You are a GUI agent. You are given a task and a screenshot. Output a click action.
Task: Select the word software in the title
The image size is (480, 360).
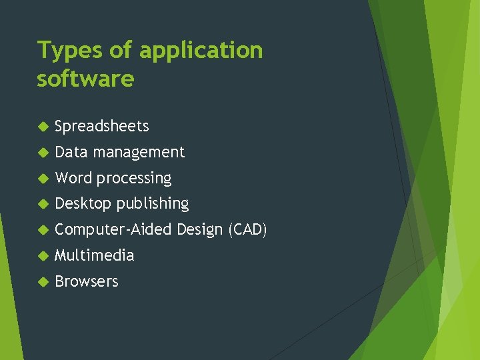[x=85, y=79]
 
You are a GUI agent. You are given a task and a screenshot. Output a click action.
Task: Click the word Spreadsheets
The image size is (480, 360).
[x=102, y=126]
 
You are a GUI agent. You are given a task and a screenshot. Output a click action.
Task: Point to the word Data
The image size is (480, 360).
[x=71, y=152]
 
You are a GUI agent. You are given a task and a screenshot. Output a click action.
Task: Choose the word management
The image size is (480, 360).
[x=139, y=152]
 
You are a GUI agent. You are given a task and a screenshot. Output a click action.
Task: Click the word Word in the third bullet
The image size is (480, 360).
[x=74, y=178]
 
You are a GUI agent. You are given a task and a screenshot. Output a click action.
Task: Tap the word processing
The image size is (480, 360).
[x=134, y=179]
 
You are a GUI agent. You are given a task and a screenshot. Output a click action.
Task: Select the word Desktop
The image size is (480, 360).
[x=83, y=204]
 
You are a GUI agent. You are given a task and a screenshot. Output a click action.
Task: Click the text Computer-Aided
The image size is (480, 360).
[x=114, y=230]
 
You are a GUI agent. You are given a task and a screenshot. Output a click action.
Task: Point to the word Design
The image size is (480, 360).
[x=200, y=230]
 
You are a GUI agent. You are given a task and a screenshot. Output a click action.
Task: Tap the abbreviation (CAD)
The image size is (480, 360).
[x=247, y=230]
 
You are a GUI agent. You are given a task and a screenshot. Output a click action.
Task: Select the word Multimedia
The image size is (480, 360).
[x=95, y=255]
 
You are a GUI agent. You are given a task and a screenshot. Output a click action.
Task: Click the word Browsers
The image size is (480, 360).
[x=87, y=281]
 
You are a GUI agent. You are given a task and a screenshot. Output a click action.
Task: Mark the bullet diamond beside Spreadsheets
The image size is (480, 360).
[x=43, y=127]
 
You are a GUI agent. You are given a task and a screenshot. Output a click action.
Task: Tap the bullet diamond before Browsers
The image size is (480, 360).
[x=43, y=282]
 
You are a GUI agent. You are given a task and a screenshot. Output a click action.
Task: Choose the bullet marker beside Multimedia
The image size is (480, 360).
[x=43, y=256]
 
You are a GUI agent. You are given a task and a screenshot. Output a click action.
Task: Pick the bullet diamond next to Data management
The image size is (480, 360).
[x=43, y=153]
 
